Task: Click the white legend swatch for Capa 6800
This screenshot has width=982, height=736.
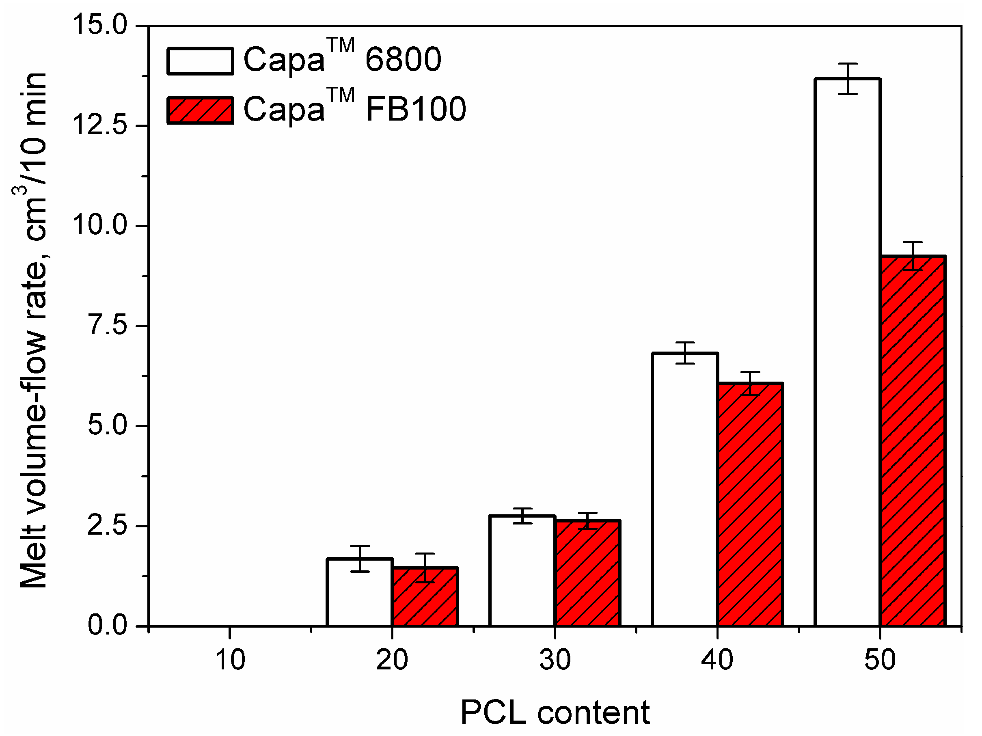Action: pos(200,61)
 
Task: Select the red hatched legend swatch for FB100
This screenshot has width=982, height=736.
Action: pos(200,110)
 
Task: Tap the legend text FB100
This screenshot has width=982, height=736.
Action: pos(416,109)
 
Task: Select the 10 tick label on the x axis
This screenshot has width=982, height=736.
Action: pos(230,660)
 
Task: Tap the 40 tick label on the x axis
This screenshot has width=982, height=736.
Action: pos(717,660)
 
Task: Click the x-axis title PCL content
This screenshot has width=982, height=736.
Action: pos(555,713)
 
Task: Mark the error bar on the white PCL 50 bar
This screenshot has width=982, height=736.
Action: pos(847,79)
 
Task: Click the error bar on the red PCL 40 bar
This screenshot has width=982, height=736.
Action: pos(750,383)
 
